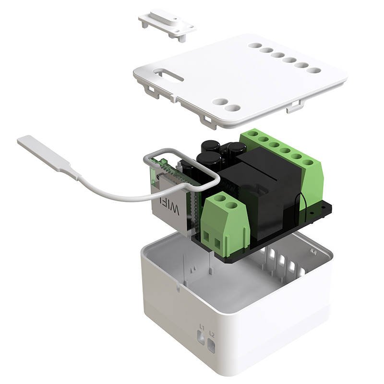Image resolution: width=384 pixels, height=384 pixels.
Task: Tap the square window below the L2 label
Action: click(x=213, y=344)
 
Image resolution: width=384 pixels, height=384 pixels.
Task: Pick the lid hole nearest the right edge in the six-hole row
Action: click(x=314, y=70)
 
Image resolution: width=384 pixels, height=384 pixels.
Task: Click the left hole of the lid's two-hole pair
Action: click(x=220, y=102)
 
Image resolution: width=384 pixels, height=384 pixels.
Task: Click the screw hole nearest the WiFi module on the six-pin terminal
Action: click(x=250, y=134)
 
